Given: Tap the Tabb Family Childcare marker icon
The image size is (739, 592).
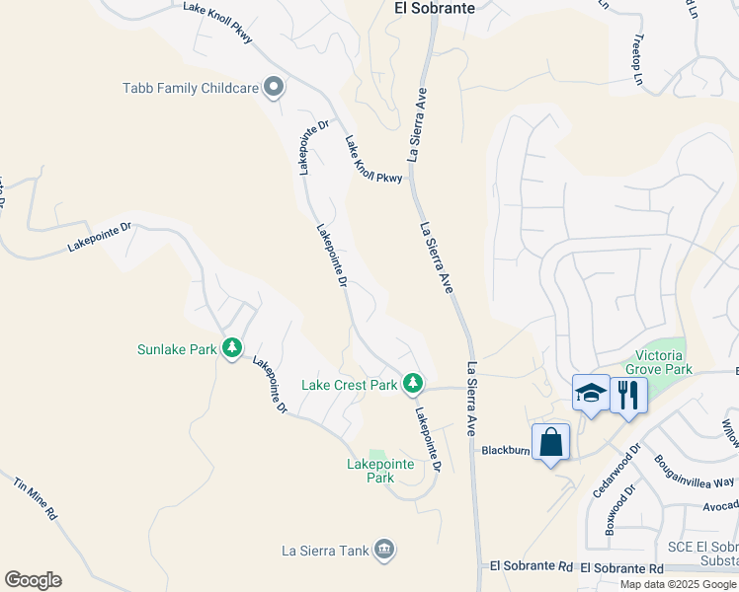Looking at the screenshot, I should point(275,88).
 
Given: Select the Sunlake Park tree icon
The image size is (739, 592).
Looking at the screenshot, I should point(232,348).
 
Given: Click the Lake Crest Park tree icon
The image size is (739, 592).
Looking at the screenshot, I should point(412,383).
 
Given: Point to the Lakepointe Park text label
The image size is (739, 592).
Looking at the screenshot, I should point(370,471).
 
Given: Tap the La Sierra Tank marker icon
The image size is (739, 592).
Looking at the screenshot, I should point(384,549).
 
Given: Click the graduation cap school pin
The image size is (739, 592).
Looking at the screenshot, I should point(591,394).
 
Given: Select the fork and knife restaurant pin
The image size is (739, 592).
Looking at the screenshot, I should point(628,395).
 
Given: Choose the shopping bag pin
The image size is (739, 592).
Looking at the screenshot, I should point(550,442).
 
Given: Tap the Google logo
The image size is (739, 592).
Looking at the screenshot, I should point(33,580).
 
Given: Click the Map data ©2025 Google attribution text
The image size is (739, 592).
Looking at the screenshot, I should point(679,584).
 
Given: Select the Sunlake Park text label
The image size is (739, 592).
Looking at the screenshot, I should point(177,348).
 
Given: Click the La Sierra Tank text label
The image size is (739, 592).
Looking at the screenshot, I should point(325,549).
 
